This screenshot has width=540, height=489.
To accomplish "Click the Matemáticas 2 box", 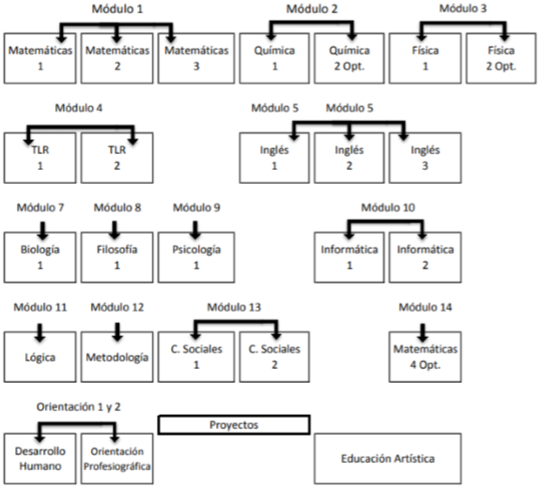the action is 117,58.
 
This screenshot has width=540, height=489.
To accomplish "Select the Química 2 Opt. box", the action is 349,58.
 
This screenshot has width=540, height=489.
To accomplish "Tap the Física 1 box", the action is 425,58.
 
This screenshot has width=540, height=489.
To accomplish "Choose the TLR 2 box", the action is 117,158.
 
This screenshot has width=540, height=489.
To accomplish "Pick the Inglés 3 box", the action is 425,158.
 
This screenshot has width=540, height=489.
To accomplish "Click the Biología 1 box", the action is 40,257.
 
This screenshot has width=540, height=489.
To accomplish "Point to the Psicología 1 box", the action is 196,257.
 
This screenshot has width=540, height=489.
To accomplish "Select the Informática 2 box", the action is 425,257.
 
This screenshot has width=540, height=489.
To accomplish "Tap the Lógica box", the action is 40,357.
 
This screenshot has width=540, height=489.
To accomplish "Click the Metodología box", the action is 117,357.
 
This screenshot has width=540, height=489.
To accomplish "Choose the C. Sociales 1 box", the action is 196,357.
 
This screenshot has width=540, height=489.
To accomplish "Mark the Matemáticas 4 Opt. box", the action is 425,357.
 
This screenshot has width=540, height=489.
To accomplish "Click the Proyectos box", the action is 234,425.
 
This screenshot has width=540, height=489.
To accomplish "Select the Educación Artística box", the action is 388,459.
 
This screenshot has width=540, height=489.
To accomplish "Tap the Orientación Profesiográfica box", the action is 117,459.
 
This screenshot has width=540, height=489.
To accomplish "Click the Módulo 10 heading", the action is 388,207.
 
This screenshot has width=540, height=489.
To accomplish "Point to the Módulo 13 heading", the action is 234,307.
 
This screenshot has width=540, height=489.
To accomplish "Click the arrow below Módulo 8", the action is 115,230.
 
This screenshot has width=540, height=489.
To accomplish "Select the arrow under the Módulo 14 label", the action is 423,332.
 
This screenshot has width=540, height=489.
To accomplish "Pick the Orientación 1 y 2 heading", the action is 79,406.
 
